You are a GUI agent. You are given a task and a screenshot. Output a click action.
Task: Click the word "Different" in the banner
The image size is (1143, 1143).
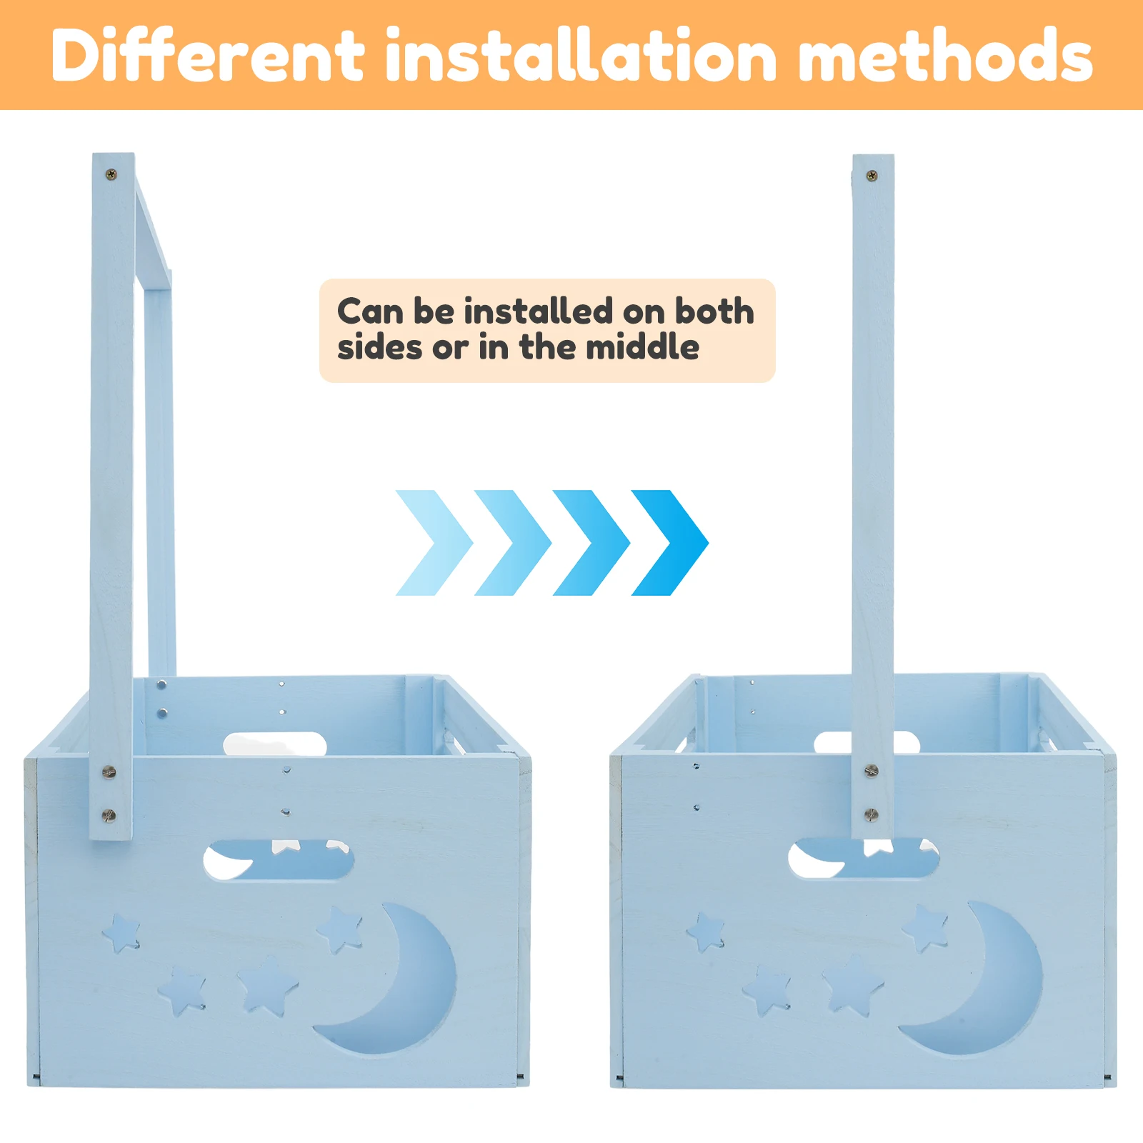tap(208, 55)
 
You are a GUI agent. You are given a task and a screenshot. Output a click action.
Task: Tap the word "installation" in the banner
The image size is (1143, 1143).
tap(581, 55)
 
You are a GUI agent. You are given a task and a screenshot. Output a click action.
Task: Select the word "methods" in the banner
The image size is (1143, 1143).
tap(945, 55)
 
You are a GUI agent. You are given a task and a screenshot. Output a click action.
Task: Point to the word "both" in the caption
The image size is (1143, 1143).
tap(714, 311)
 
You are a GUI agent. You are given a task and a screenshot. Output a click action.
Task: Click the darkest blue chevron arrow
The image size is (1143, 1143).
tap(670, 543)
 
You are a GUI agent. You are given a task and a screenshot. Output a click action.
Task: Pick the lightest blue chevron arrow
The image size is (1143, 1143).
tap(434, 543)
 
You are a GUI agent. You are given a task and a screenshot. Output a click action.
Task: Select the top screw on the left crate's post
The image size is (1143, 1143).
tap(111, 174)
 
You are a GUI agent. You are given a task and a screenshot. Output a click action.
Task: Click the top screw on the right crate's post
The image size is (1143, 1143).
tap(872, 175)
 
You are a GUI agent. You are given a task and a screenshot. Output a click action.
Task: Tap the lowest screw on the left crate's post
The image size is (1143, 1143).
tap(109, 814)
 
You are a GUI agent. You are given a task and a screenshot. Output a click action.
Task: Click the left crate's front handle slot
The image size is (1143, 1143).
tap(279, 861)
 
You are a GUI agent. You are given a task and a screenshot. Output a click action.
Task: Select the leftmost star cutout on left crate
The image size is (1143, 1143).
tap(121, 932)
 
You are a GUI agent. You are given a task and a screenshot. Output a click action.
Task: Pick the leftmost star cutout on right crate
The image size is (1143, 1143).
tap(706, 931)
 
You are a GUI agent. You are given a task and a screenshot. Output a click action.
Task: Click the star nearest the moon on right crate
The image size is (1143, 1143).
tap(924, 927)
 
